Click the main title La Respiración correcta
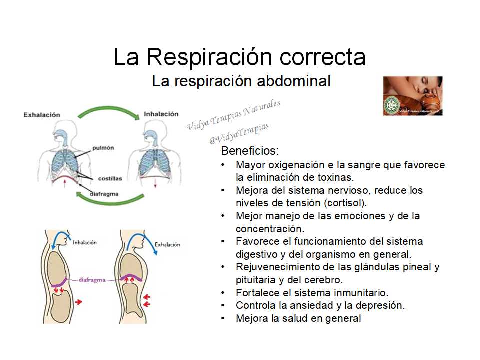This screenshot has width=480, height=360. tap(239, 57)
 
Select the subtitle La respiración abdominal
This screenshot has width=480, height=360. tap(241, 81)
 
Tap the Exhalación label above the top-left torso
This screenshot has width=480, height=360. tap(42, 115)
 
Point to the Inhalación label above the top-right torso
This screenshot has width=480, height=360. tap(161, 114)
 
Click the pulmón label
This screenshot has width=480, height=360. tap(103, 148)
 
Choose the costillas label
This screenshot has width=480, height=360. tap(110, 178)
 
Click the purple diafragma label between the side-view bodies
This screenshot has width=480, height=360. tap(92, 280)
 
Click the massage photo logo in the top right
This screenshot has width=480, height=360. tap(412, 96)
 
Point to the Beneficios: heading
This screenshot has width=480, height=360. tap(250, 151)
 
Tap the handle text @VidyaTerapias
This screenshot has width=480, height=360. tap(239, 133)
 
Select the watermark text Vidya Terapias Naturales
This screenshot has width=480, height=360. tap(233, 115)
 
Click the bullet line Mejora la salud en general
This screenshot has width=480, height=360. tap(298, 318)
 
